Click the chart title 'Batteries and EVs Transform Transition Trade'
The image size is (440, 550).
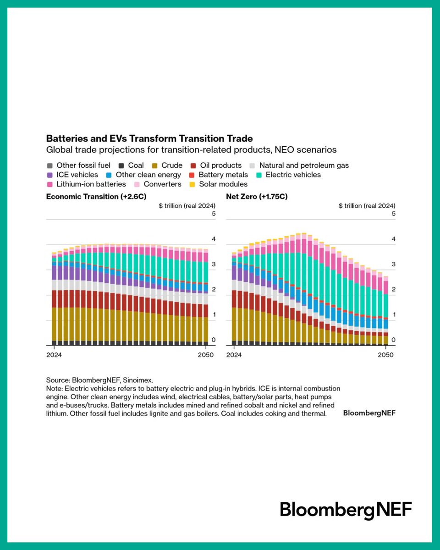pos(149,138)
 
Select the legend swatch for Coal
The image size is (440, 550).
pos(121,165)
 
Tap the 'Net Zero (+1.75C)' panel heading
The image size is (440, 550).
pos(257,197)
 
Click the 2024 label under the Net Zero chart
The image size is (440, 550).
pos(234,355)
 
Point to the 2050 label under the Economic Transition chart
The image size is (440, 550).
pos(206,355)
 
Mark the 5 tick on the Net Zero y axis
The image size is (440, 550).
pos(393,214)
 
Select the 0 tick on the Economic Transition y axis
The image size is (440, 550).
pos(213,340)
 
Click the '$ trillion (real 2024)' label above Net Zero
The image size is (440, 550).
pos(367,206)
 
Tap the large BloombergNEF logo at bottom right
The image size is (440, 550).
pos(346,510)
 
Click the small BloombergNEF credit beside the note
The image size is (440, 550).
pos(369,413)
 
